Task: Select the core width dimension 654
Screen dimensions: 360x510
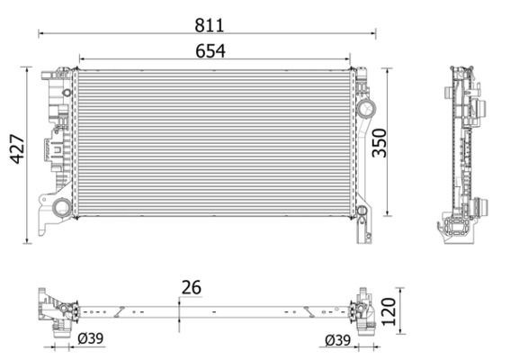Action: (211, 51)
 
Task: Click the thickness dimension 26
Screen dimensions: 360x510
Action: (191, 288)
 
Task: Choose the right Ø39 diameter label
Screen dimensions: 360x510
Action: (338, 338)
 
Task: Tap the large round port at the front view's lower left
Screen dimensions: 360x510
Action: (61, 208)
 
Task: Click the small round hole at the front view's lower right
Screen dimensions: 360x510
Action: (362, 212)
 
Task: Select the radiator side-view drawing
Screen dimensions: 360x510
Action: (464, 153)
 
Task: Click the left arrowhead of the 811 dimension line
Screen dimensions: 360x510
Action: (40, 33)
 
